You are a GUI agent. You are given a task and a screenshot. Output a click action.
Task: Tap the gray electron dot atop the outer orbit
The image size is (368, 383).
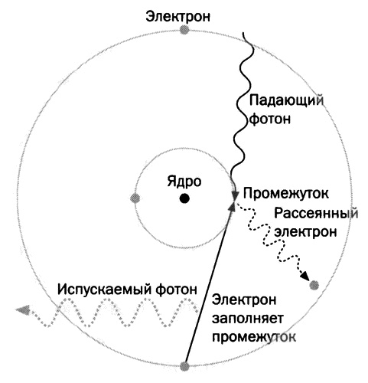click(184, 30)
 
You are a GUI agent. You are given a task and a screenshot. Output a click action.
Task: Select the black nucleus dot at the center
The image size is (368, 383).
click(184, 198)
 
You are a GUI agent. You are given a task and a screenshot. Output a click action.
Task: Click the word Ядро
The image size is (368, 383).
click(184, 182)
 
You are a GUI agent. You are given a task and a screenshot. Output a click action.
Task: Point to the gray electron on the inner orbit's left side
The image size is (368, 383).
click(135, 198)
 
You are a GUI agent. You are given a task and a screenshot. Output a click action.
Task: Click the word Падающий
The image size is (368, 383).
click(284, 100)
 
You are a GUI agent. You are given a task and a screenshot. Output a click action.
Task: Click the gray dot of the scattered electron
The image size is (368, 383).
click(314, 285)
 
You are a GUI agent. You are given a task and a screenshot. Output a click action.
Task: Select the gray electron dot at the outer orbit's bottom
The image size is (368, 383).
click(184, 365)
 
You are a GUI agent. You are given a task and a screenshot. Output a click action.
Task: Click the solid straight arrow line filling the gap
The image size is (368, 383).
click(208, 283)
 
